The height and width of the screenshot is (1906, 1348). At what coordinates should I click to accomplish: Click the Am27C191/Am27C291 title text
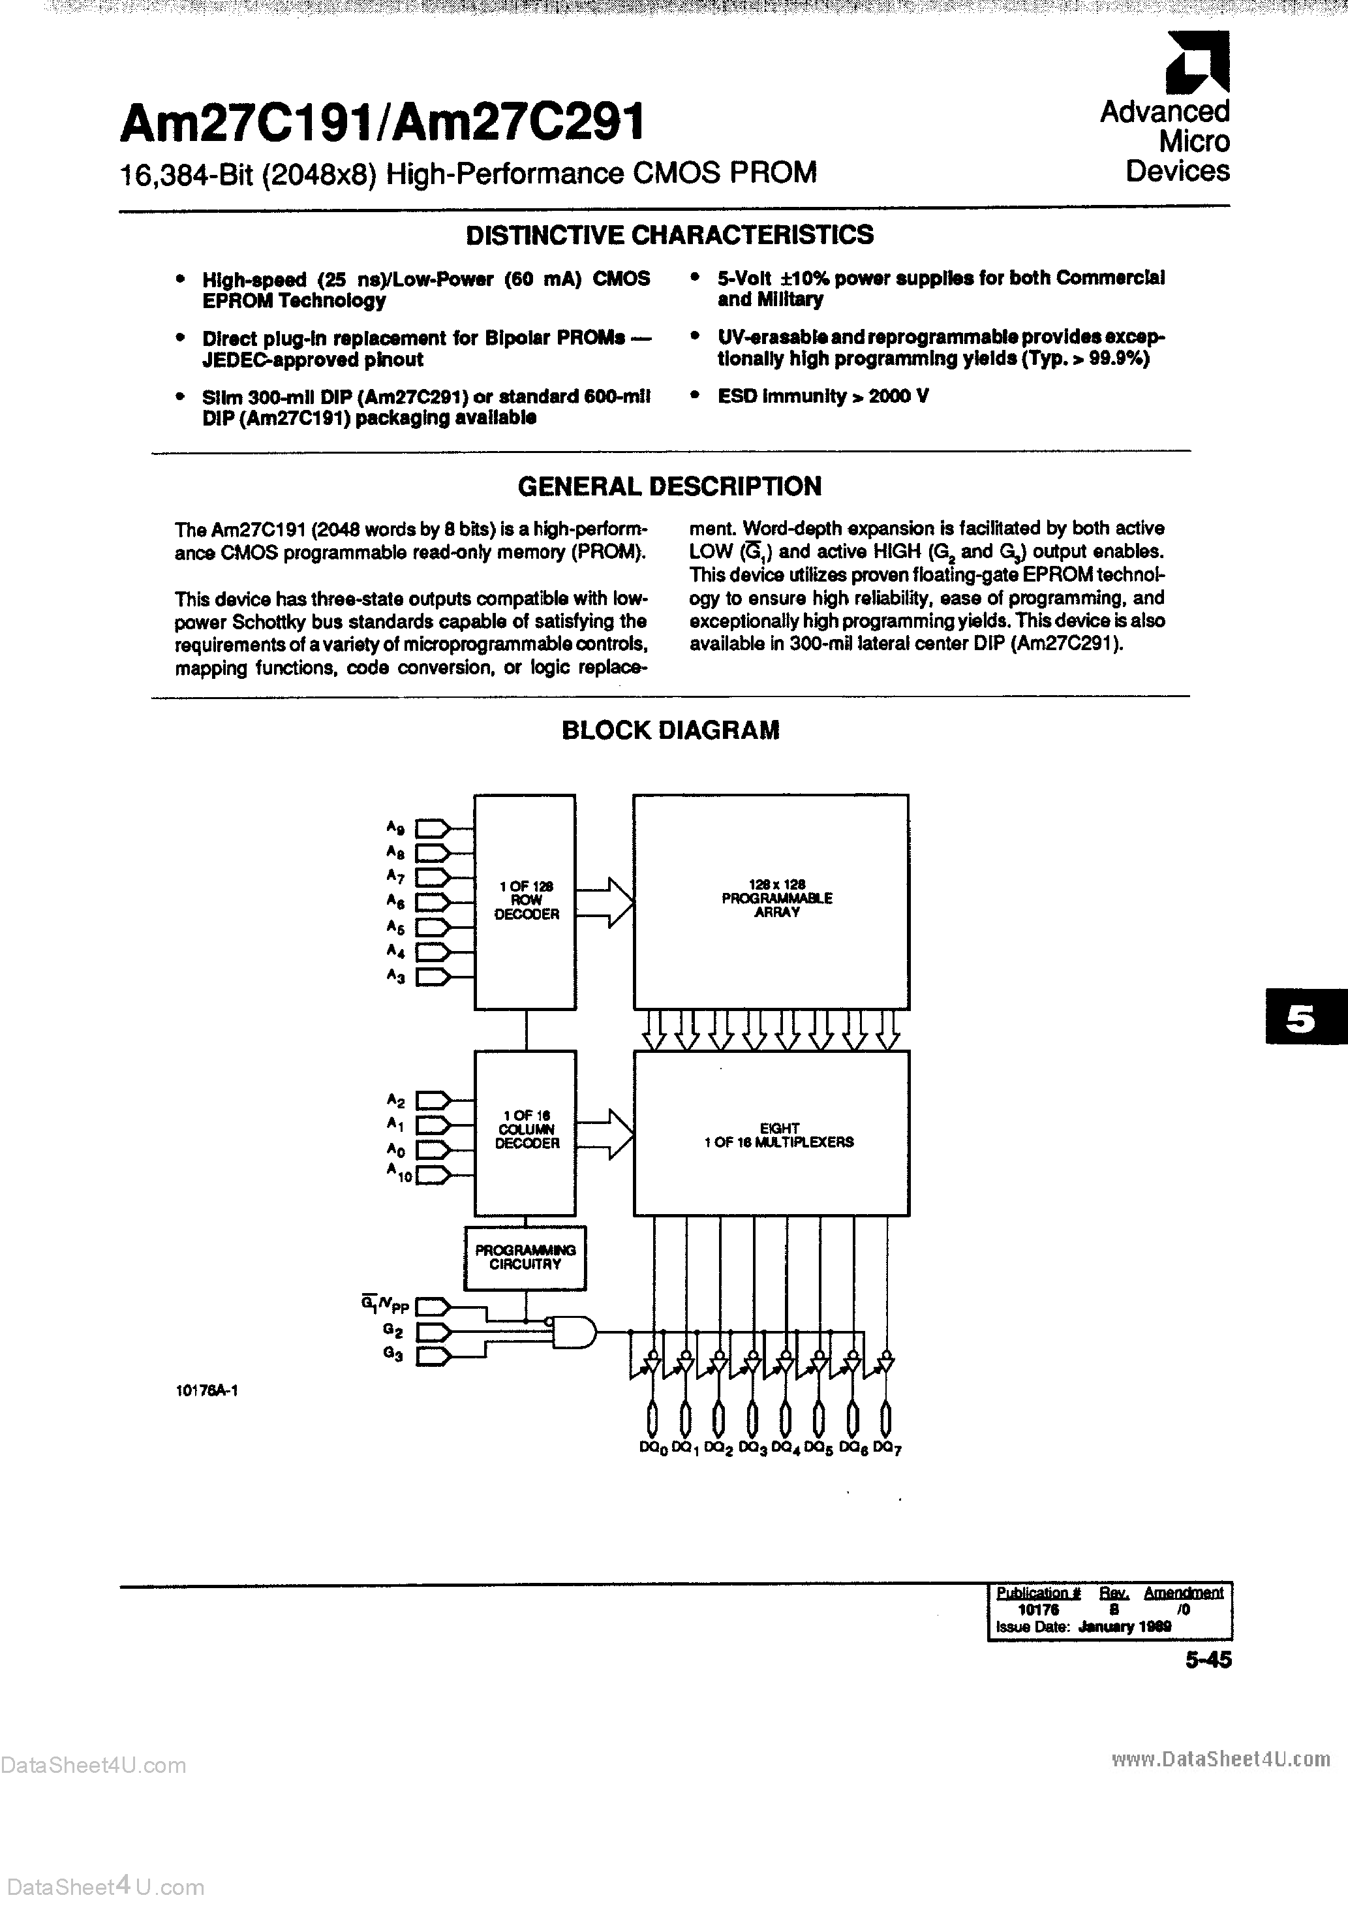(382, 123)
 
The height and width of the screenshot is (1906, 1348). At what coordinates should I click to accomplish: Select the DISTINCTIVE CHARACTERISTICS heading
(669, 236)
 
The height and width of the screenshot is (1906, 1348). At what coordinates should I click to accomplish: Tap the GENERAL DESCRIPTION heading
(669, 486)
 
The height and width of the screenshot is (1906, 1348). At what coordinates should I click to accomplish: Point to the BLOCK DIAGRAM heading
(671, 730)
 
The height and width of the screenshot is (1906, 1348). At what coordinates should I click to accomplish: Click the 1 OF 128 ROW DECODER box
(525, 901)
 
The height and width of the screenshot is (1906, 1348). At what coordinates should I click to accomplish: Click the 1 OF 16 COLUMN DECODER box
(525, 1131)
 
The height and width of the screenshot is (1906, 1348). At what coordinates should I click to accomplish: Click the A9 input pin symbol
(432, 828)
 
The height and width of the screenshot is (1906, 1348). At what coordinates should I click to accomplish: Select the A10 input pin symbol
(432, 1175)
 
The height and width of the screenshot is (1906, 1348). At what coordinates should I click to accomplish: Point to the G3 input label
(393, 1355)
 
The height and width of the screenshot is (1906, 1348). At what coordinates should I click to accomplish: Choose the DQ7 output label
(887, 1448)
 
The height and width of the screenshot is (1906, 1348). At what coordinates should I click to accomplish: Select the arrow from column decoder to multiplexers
(605, 1133)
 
